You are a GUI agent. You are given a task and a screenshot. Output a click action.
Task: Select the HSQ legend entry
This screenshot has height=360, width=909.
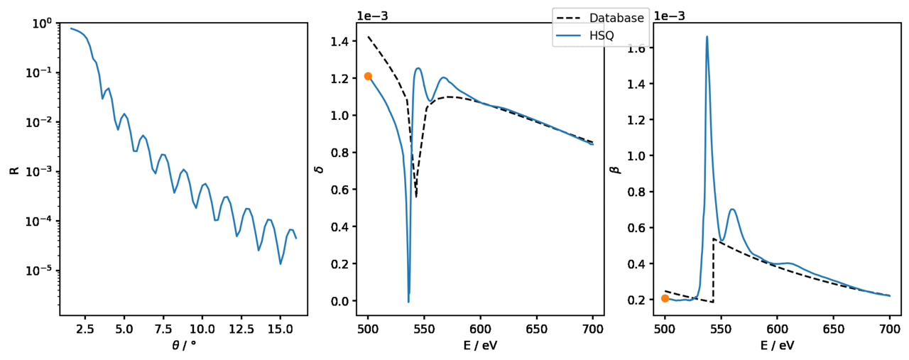coord(601,36)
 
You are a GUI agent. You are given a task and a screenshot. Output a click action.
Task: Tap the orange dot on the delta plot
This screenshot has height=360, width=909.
coord(368,76)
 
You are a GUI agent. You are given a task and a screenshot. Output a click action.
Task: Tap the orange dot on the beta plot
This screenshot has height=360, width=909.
coord(665,298)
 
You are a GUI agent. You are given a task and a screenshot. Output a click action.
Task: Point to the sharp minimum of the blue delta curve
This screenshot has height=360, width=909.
coord(408,302)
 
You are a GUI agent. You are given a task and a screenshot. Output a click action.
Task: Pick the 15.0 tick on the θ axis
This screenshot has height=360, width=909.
coord(280,329)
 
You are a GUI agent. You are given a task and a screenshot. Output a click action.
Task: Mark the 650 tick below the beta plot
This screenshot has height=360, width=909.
coord(833,329)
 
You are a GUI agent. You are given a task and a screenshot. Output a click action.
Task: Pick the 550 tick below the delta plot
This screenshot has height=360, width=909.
coord(424,329)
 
